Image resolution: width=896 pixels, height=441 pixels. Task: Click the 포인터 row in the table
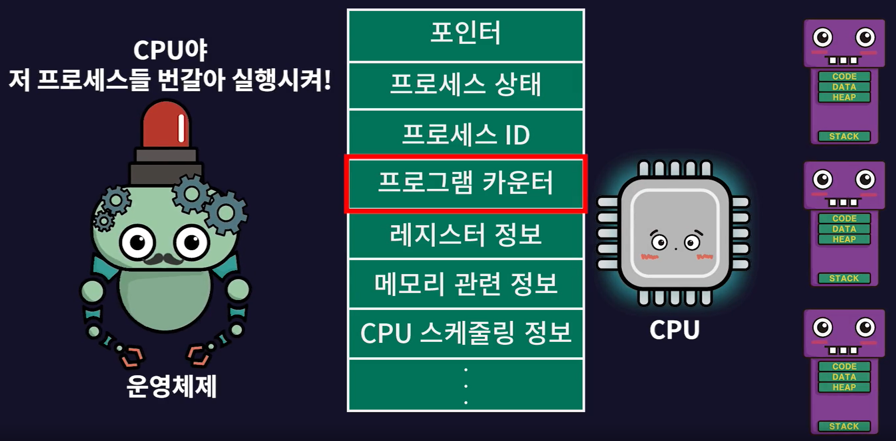point(465,35)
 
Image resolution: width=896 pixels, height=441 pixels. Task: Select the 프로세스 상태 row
point(465,85)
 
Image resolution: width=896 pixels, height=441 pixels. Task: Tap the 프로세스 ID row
point(465,134)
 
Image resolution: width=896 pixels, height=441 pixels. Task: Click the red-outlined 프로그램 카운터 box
point(465,183)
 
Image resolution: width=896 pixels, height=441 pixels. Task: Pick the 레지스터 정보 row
point(465,234)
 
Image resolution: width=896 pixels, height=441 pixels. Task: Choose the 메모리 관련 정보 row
point(465,284)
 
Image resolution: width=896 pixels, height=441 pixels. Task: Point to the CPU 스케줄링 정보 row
point(465,333)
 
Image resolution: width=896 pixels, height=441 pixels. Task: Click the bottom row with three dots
point(465,385)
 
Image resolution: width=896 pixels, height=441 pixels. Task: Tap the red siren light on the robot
point(166,125)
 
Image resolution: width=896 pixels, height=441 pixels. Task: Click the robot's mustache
point(164,259)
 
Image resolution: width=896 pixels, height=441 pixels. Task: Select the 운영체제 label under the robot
point(171,386)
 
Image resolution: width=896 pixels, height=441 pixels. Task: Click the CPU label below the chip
point(674,330)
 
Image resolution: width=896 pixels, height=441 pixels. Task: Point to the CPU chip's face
point(675,243)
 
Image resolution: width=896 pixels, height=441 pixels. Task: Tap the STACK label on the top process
point(844,137)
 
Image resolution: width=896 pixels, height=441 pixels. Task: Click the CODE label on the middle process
point(844,218)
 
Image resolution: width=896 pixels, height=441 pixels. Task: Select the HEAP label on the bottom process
point(844,387)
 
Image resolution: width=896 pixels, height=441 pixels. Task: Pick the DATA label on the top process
point(844,87)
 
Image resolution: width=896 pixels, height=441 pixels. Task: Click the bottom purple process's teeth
point(843,350)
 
